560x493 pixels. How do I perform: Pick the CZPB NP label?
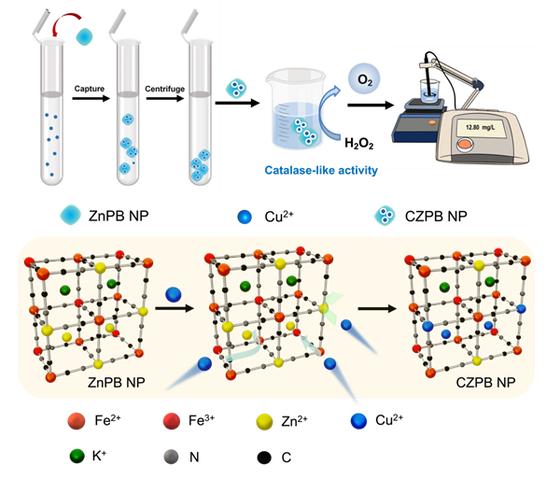point(483,383)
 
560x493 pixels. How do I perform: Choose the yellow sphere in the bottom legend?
point(265,423)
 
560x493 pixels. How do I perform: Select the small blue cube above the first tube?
point(86,35)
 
